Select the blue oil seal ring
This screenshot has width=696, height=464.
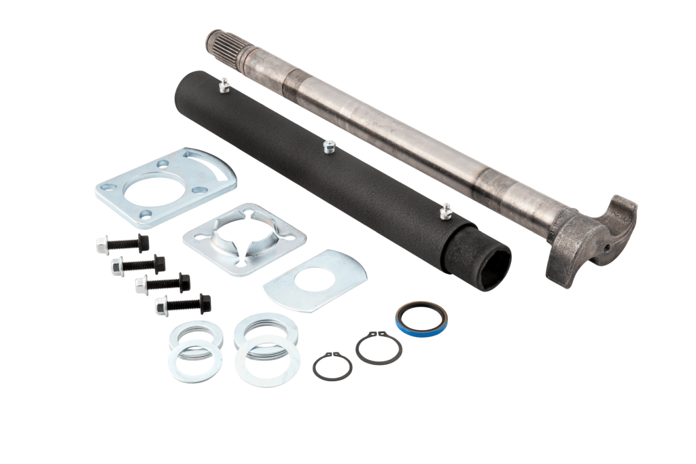click(x=421, y=317)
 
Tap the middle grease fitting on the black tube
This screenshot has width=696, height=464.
click(x=330, y=147)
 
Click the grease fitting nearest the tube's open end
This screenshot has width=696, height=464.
click(x=445, y=212)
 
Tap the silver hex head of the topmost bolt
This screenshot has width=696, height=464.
click(x=103, y=245)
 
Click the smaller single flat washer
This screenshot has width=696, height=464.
click(x=195, y=361)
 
